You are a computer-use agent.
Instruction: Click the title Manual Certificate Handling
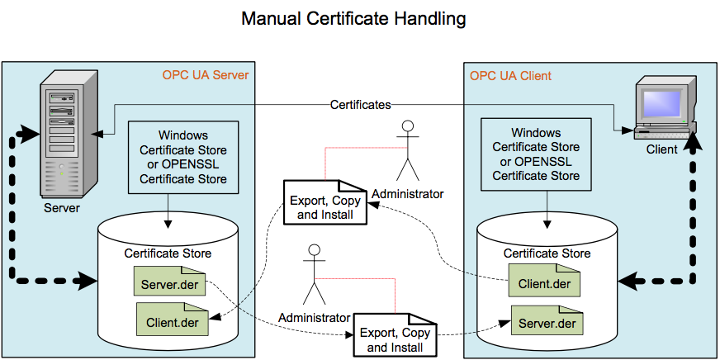point(353,17)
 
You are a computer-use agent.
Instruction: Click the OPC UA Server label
point(206,76)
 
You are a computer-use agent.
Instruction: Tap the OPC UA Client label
point(510,76)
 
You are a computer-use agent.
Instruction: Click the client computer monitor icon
point(664,106)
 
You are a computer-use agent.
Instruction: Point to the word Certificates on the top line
point(360,105)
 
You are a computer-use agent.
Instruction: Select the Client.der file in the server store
point(172,320)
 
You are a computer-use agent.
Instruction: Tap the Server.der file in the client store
point(547,321)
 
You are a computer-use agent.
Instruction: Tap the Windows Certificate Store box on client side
point(536,154)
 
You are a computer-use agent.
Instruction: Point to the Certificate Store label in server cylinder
point(168,253)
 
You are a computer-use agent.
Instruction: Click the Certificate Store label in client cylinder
point(547,253)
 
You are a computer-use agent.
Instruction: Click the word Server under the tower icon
point(62,207)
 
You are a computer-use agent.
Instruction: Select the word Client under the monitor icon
point(662,149)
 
